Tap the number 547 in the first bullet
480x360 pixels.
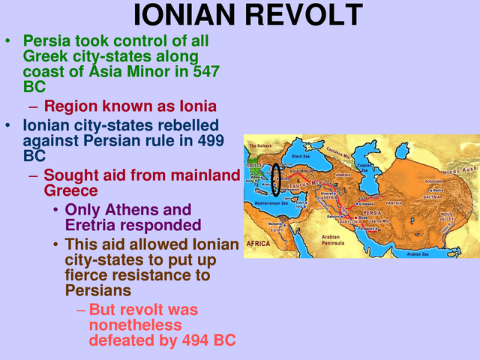pos(199,71)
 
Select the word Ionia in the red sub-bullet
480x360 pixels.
pos(195,106)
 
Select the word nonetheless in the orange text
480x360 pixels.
pos(135,325)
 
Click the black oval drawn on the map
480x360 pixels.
pos(277,178)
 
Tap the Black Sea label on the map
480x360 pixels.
pos(300,156)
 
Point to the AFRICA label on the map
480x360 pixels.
pos(258,244)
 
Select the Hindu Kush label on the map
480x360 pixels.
pos(459,170)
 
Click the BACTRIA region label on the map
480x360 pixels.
pos(431,197)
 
